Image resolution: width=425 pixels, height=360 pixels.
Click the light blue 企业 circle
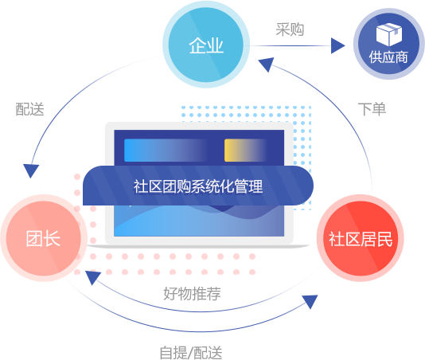pyautogui.click(x=205, y=45)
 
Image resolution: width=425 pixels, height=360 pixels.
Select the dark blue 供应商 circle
pyautogui.click(x=389, y=44)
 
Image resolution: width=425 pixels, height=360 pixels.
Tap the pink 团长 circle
pyautogui.click(x=43, y=238)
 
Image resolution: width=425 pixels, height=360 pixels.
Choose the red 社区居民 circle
pyautogui.click(x=361, y=238)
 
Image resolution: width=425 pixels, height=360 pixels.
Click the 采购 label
pyautogui.click(x=290, y=29)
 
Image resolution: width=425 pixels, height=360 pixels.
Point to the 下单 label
pyautogui.click(x=372, y=109)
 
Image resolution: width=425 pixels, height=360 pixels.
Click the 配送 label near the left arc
pyautogui.click(x=29, y=109)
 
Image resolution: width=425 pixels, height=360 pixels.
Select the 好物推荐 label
pyautogui.click(x=192, y=294)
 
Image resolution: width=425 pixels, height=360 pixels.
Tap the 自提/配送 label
pyautogui.click(x=191, y=352)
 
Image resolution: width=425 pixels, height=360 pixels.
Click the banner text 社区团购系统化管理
pyautogui.click(x=198, y=186)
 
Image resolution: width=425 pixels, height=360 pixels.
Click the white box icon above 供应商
pyautogui.click(x=389, y=34)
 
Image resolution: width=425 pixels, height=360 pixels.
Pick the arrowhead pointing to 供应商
pyautogui.click(x=337, y=45)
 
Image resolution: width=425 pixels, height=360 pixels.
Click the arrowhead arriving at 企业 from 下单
pyautogui.click(x=266, y=65)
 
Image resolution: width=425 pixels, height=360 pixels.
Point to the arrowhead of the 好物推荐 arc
pyautogui.click(x=93, y=277)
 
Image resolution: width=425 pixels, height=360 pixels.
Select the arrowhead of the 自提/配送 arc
pyautogui.click(x=310, y=302)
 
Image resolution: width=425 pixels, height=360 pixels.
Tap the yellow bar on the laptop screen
pyautogui.click(x=246, y=151)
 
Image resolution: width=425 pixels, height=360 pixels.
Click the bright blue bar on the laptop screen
pyautogui.click(x=166, y=151)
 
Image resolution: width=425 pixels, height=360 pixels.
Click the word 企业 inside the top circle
pyautogui.click(x=206, y=45)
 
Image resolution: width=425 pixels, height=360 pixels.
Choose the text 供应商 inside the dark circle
pyautogui.click(x=388, y=57)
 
